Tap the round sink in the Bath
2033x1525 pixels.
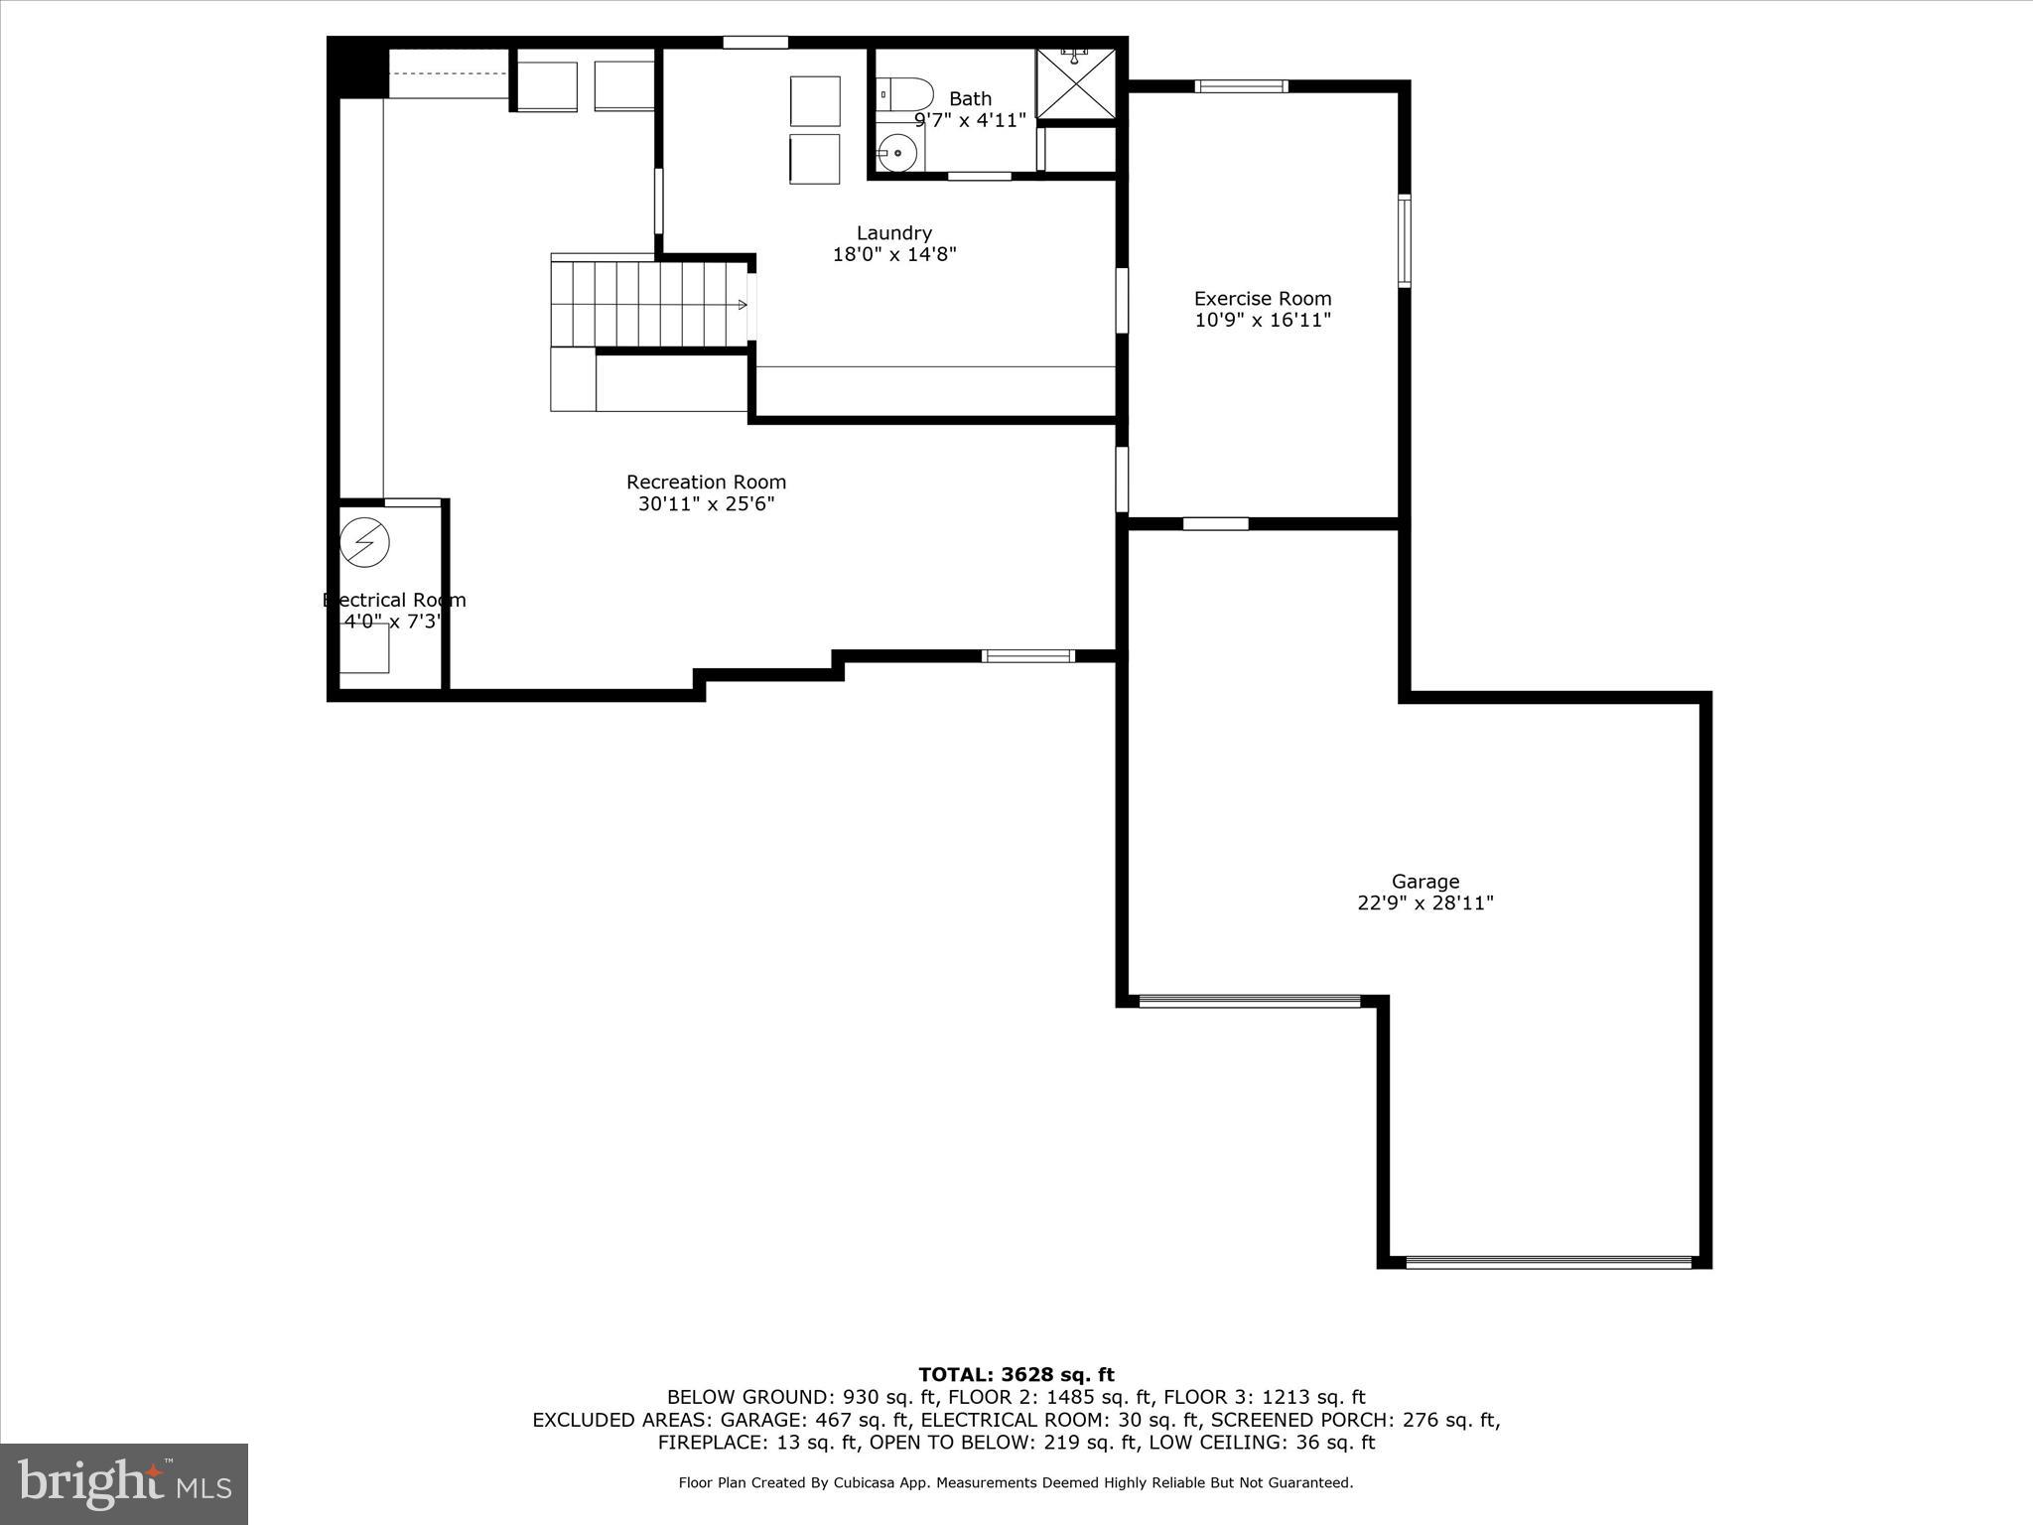(x=897, y=154)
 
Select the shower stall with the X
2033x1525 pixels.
(x=1076, y=83)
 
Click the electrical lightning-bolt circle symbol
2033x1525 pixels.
(x=364, y=542)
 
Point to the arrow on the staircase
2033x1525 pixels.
(x=741, y=305)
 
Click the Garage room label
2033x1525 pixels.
(x=1424, y=881)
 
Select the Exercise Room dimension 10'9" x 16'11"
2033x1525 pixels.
(x=1262, y=320)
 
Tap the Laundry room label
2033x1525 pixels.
(x=893, y=232)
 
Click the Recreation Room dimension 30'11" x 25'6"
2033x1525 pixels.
(x=706, y=504)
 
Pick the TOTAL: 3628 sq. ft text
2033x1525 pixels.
(x=1016, y=1374)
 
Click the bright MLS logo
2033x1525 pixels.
(x=124, y=1483)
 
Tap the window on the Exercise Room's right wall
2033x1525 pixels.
(x=1404, y=241)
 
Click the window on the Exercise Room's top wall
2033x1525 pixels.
(x=1241, y=86)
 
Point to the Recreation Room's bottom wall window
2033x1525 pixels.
(x=1027, y=655)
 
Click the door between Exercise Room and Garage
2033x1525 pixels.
(x=1215, y=523)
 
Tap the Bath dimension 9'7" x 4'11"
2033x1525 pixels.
(x=969, y=120)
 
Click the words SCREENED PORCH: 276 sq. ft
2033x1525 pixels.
(x=1355, y=1420)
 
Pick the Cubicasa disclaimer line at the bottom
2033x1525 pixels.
(x=1016, y=1482)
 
